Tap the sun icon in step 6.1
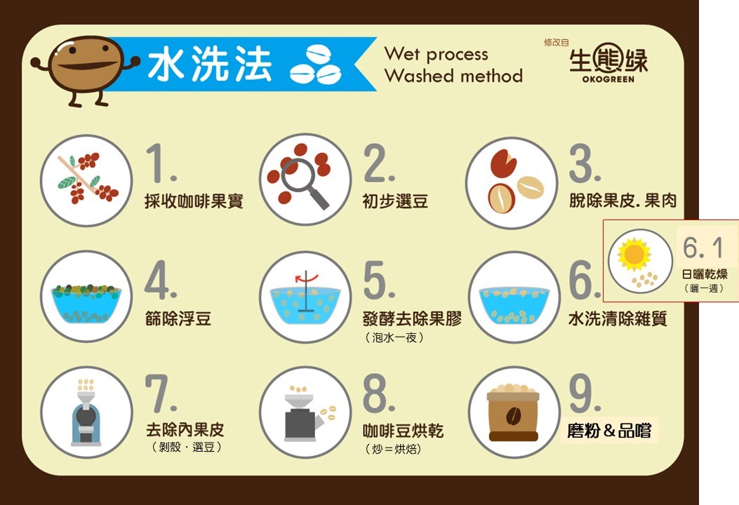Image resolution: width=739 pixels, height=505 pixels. [634, 255]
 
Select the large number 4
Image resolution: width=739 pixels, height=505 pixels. [160, 281]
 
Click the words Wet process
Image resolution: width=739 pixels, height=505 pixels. [436, 54]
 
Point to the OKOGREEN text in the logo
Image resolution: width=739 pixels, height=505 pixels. [608, 79]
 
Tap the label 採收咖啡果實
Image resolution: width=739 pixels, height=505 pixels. [194, 201]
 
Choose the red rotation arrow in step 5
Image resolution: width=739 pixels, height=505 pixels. [307, 278]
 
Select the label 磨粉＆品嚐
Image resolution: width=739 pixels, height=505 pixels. [609, 430]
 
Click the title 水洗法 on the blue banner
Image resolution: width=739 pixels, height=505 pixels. [210, 64]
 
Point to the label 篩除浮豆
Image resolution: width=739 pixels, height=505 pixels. [178, 319]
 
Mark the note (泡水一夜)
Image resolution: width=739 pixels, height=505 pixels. [394, 338]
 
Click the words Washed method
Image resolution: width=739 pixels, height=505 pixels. [453, 75]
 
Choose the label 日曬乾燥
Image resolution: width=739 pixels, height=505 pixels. [705, 274]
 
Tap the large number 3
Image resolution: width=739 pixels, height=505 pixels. [585, 163]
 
